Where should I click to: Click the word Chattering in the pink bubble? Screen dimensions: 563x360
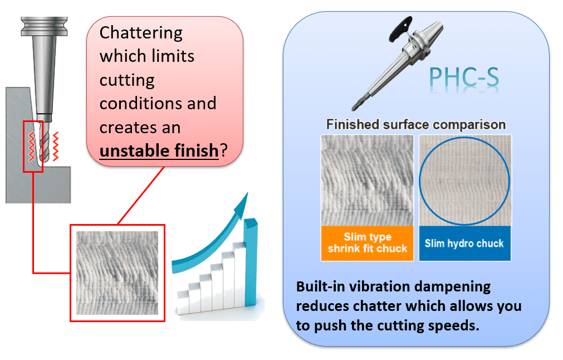(141, 33)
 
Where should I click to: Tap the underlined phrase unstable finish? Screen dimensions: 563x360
(159, 150)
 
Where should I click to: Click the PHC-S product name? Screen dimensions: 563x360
(464, 77)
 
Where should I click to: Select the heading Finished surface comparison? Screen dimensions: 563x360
(416, 125)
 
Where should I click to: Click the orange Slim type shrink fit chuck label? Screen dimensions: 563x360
(368, 243)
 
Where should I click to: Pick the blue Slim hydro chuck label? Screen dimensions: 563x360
(464, 243)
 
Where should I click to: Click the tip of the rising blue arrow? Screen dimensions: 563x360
(247, 193)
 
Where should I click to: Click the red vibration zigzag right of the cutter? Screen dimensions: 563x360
(56, 146)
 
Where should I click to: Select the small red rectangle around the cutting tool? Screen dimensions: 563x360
(24, 147)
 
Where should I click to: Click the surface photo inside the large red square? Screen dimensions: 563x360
(117, 273)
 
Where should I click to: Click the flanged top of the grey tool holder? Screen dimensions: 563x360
(44, 26)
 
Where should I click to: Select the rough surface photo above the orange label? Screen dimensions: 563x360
(368, 181)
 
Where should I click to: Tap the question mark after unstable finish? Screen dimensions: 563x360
(224, 150)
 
